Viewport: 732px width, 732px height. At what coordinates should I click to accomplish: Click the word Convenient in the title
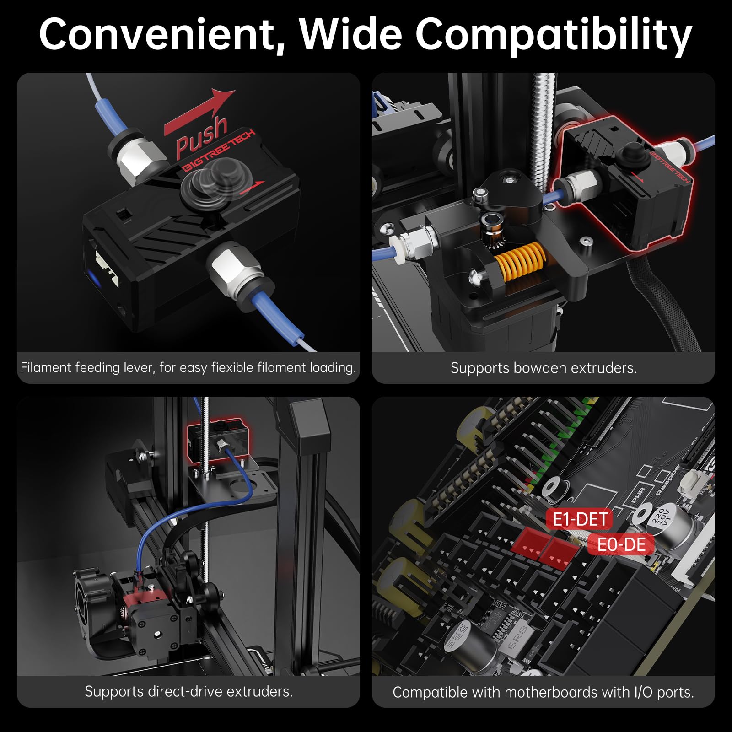(162, 35)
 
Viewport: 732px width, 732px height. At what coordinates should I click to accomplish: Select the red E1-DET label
(580, 519)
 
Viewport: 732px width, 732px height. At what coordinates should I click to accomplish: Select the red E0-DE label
(621, 545)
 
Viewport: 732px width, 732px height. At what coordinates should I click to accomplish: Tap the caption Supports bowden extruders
(544, 368)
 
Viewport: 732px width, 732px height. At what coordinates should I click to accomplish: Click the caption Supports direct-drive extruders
(188, 691)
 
